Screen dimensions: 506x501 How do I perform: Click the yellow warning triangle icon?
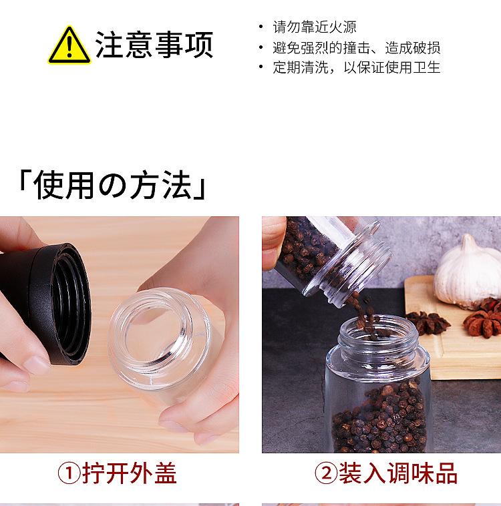coord(69,45)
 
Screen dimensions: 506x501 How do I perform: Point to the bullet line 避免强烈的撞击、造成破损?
coord(356,47)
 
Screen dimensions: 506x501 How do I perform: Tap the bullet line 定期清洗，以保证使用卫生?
coord(356,67)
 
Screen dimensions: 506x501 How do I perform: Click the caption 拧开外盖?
coord(130,474)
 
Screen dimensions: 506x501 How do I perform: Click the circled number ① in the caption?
coord(69,474)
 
